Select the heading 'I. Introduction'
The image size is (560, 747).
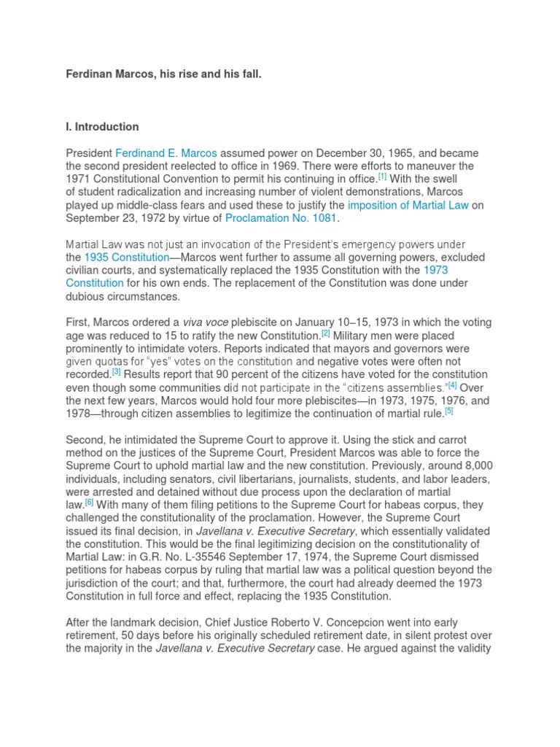point(102,127)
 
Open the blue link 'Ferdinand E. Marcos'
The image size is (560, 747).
point(166,153)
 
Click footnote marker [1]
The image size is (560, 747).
point(382,177)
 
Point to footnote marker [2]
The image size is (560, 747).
point(326,333)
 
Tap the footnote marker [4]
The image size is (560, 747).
point(452,385)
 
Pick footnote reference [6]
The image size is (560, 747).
point(89,502)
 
